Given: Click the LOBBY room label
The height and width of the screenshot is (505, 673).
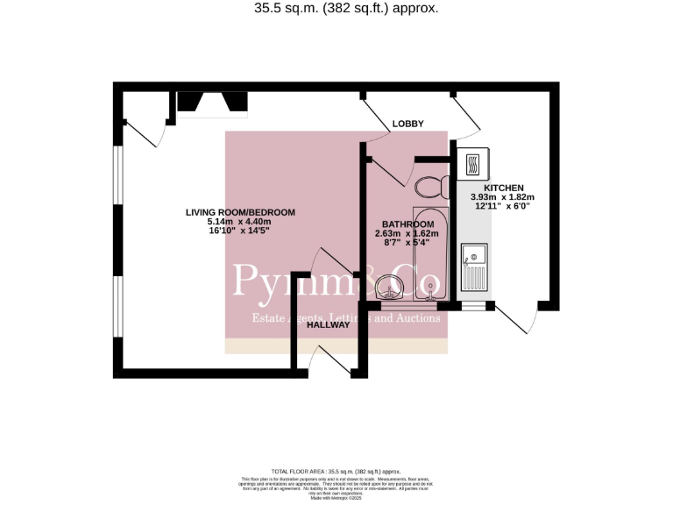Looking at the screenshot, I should point(407,124).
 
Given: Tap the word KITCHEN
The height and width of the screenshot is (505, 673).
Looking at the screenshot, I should point(497,188).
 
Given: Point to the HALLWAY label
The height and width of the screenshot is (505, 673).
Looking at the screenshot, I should point(328,324).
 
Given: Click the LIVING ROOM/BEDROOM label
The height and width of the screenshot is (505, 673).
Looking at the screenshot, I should point(240,212).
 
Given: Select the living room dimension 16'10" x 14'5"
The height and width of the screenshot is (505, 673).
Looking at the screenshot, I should point(240,231).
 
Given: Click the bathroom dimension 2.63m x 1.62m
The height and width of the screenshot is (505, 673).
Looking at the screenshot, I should point(406,233).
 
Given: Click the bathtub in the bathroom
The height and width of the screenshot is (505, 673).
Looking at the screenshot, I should point(430,253).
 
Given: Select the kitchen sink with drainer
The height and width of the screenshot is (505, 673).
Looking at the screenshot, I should point(473,268).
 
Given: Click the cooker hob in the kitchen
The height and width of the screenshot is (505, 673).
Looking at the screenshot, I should point(473,163).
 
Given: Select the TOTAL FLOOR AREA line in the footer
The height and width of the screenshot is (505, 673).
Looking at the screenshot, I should point(336,472).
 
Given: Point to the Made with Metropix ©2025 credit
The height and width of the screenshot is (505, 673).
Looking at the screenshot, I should point(336,498).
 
